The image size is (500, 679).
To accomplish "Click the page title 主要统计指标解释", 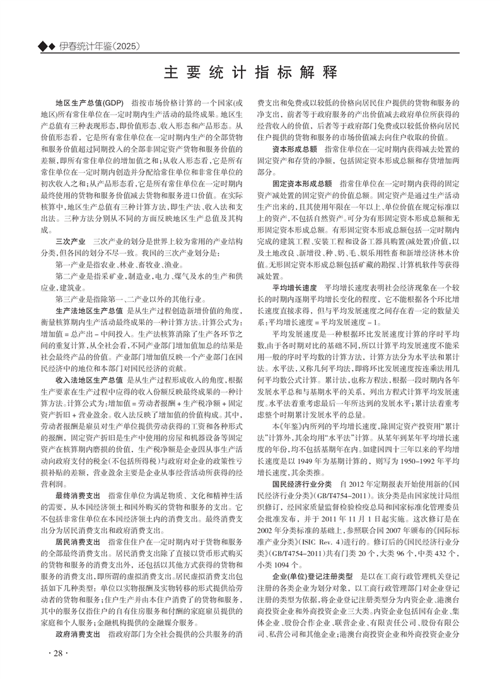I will [x=250, y=71].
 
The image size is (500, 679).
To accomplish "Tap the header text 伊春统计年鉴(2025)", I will [x=100, y=46].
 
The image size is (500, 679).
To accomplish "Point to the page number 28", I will [x=58, y=652].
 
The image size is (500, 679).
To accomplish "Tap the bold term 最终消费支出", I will [x=78, y=496].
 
